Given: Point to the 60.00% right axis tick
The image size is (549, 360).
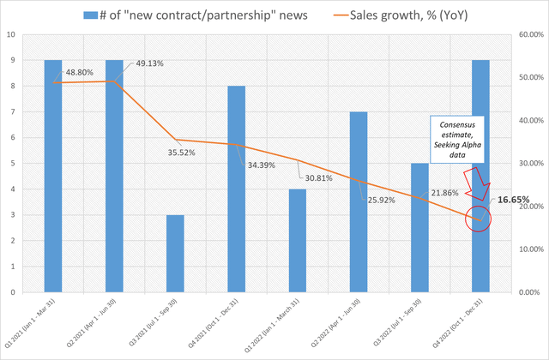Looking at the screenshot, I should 527,36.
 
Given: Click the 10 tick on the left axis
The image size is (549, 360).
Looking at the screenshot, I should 10,36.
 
